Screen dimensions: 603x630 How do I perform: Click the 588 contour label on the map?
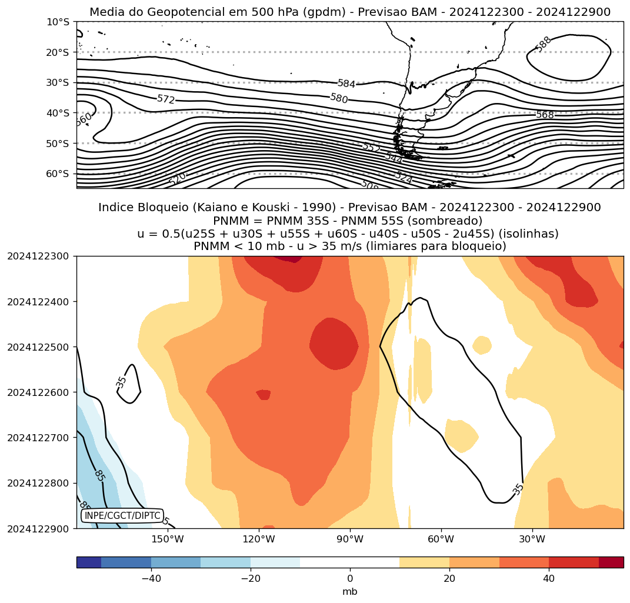click(x=543, y=44)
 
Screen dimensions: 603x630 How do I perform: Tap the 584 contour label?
click(x=346, y=84)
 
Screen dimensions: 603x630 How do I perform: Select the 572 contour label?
click(x=166, y=99)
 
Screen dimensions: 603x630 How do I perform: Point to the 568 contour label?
click(x=545, y=115)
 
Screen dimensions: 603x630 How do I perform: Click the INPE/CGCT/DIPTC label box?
click(x=122, y=516)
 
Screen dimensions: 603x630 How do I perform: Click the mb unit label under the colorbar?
click(x=350, y=591)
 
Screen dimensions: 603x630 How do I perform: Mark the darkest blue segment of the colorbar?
click(x=89, y=562)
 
